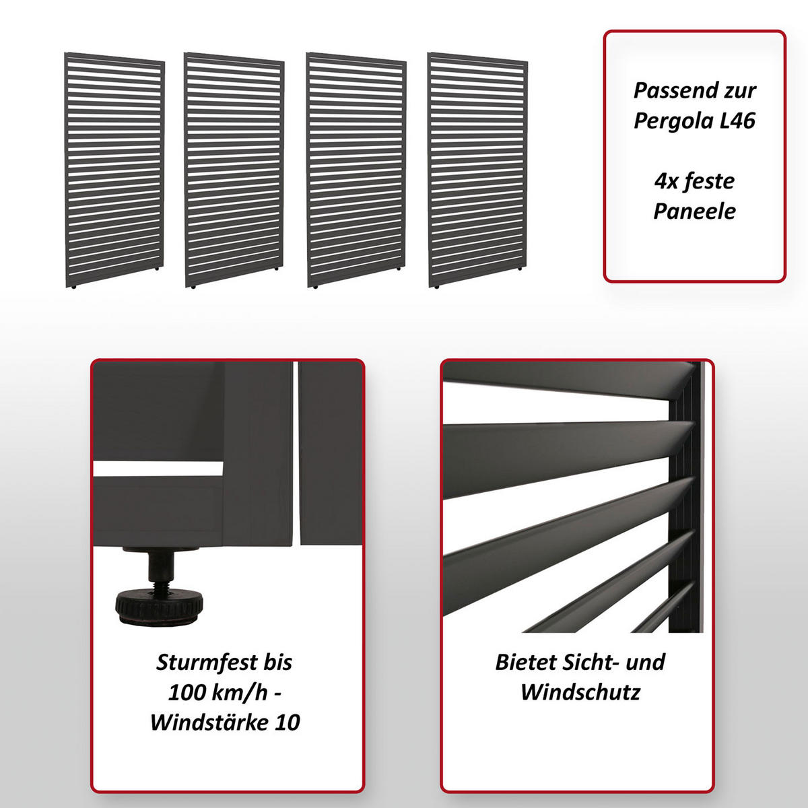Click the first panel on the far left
[x=114, y=170]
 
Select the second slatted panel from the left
[x=234, y=170]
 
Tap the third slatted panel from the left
[x=356, y=170]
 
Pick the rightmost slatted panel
[x=477, y=170]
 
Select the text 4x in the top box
[x=665, y=180]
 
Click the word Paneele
[x=695, y=211]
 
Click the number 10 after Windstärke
[x=288, y=722]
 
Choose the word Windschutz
[x=580, y=692]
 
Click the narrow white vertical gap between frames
[x=296, y=451]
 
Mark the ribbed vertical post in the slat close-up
[x=687, y=498]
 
